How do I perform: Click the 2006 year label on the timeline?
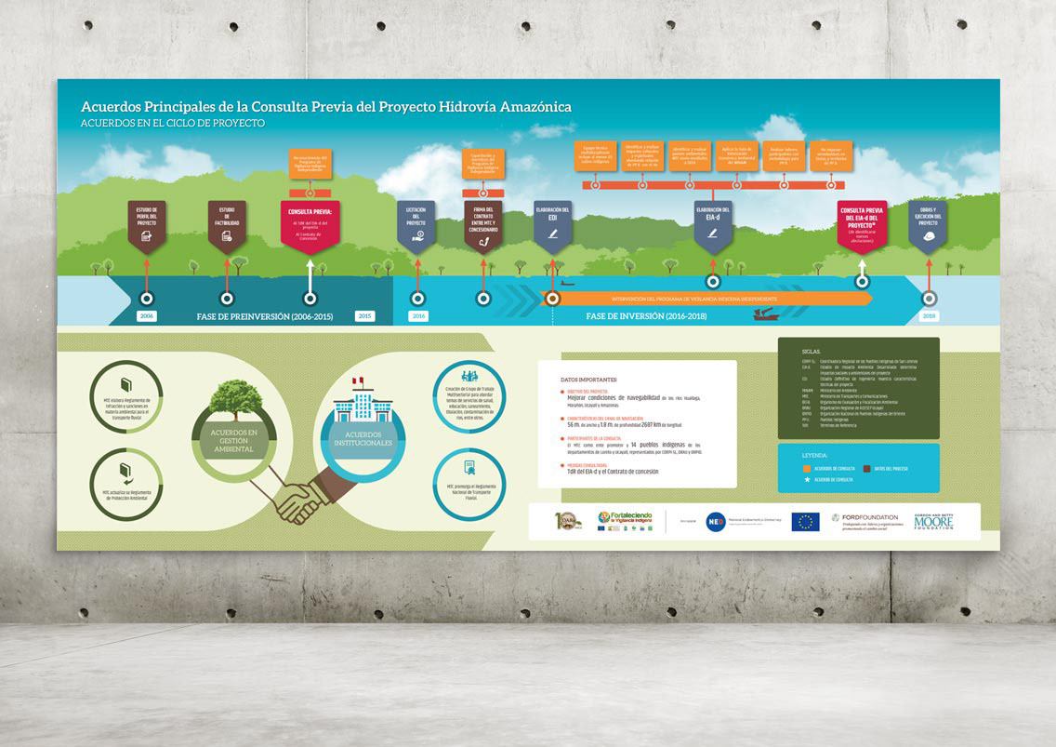point(147,316)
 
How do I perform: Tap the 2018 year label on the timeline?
point(928,316)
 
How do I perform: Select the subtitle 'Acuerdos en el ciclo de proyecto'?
point(173,123)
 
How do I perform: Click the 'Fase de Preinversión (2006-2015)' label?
point(264,316)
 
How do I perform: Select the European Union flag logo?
point(805,522)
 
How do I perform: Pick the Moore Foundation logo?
point(933,521)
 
